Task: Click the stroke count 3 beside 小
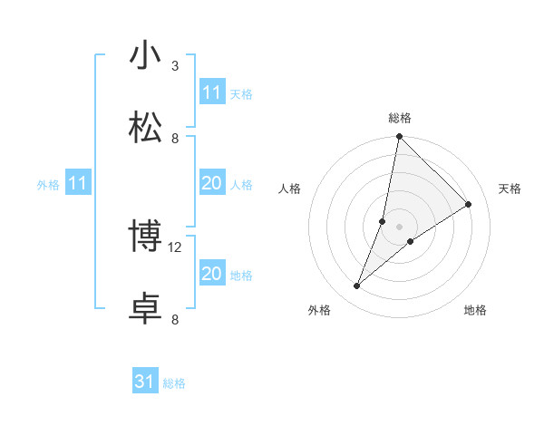(x=175, y=65)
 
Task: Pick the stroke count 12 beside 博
(x=177, y=247)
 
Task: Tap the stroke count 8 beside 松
(x=175, y=138)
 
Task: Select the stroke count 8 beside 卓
(x=175, y=319)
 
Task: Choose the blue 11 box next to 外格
(x=77, y=184)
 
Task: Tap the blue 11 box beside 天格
(x=212, y=92)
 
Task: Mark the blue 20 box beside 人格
(x=212, y=184)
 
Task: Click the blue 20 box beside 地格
(x=212, y=274)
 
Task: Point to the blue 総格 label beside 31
(x=174, y=383)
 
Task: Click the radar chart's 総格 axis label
(x=400, y=118)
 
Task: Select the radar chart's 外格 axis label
(x=319, y=310)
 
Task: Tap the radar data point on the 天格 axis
(x=469, y=205)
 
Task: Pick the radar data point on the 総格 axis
(x=399, y=138)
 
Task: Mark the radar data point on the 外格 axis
(x=357, y=286)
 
